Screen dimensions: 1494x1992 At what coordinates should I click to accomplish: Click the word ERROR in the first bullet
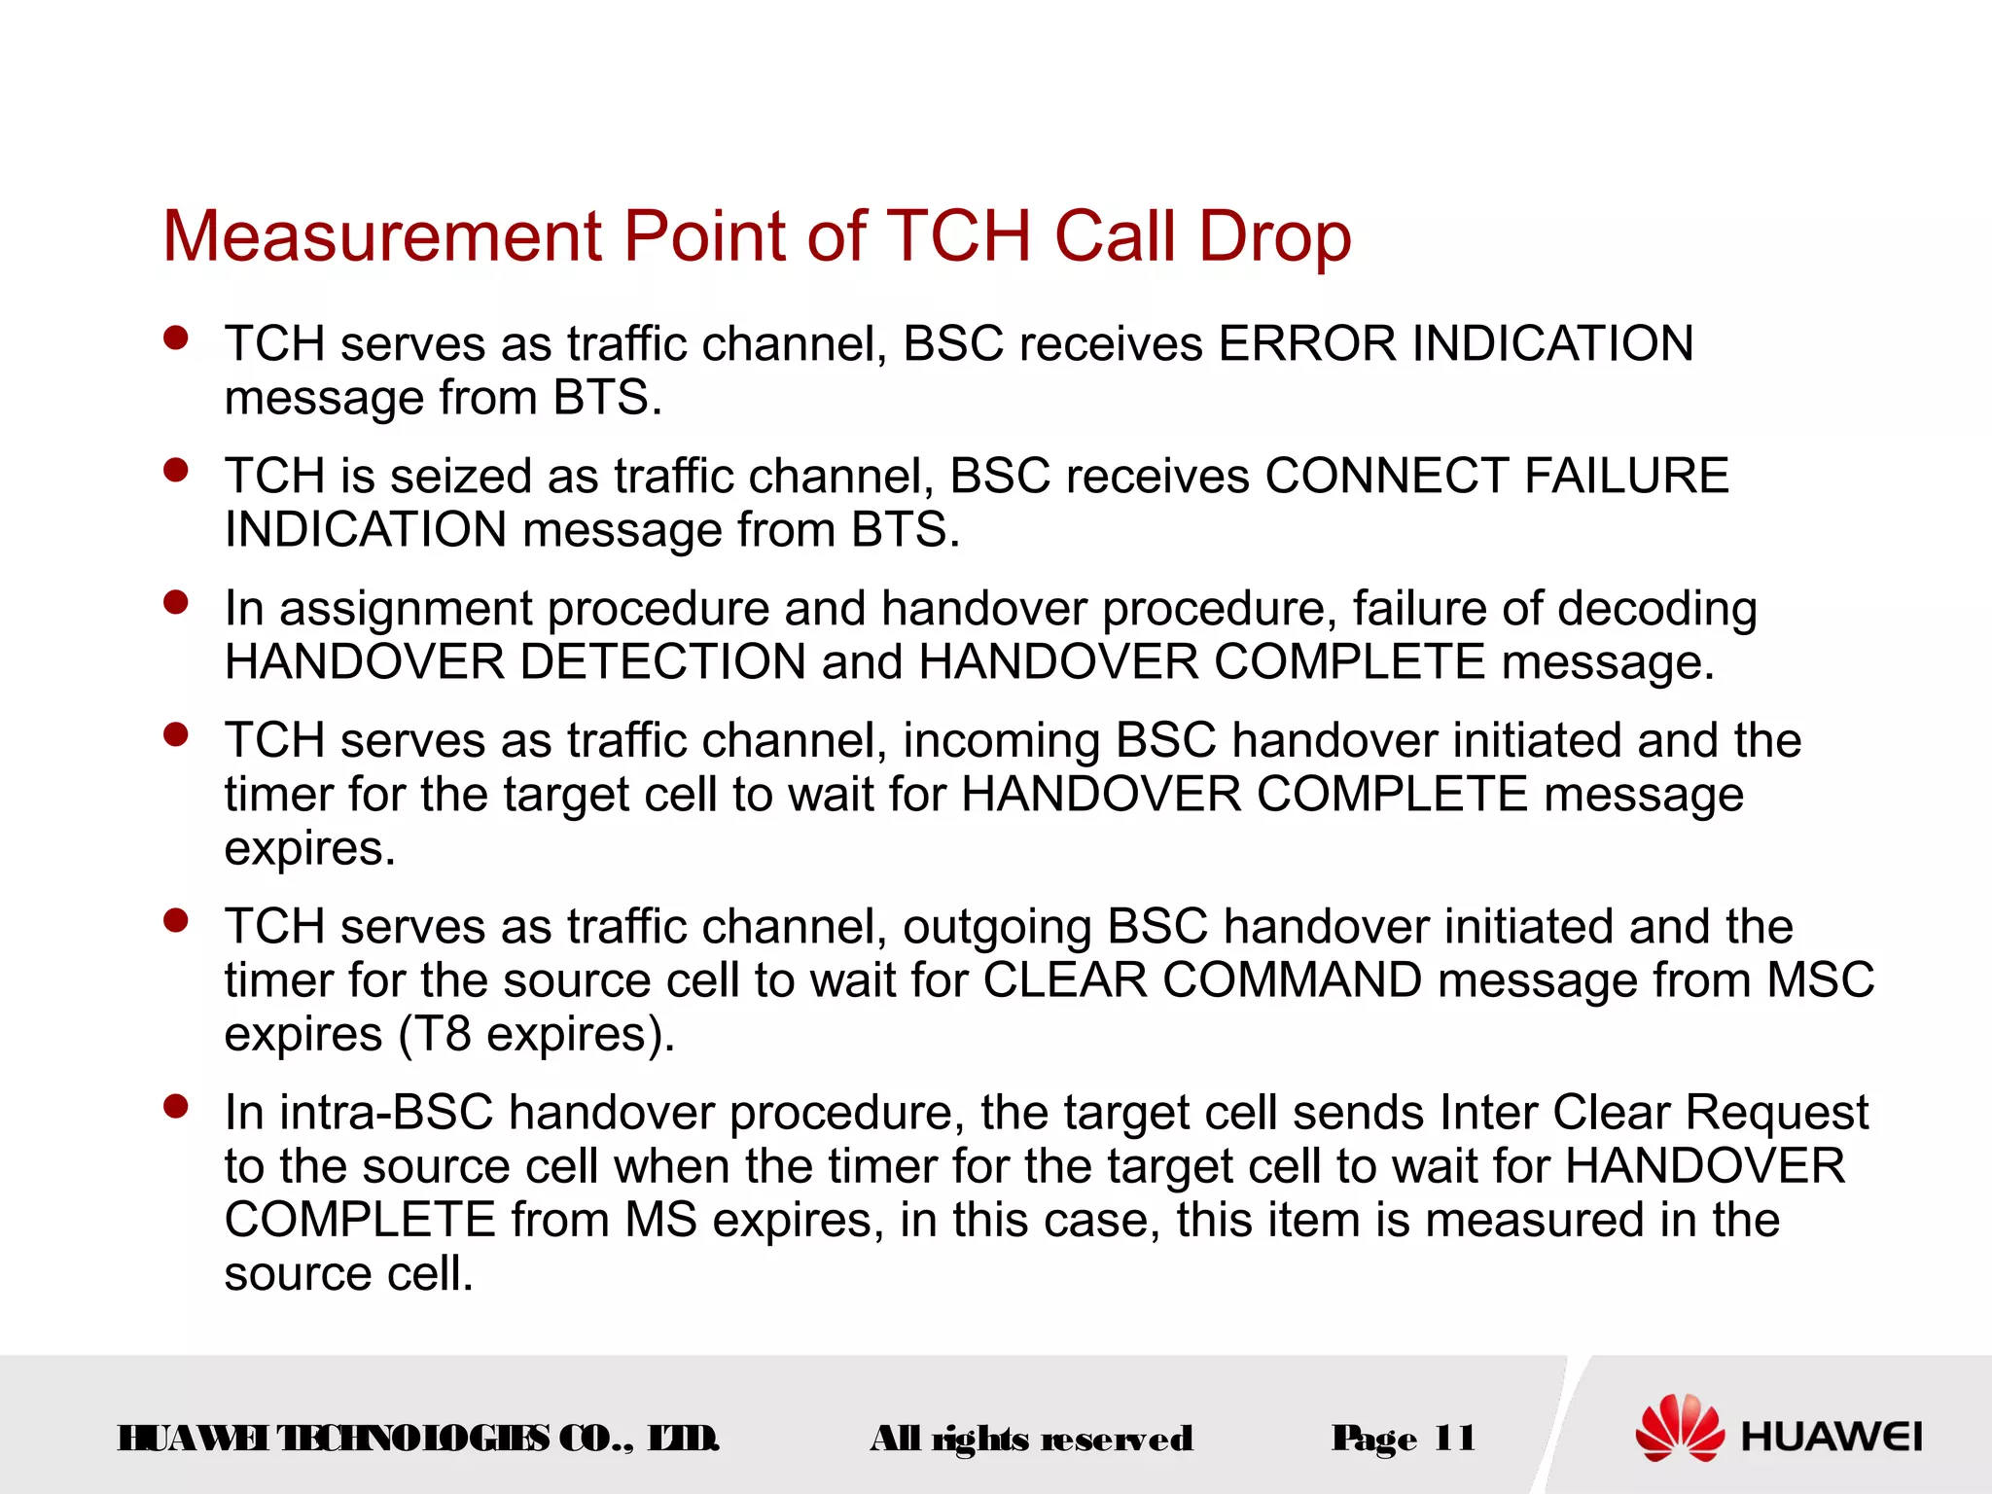coord(1307,343)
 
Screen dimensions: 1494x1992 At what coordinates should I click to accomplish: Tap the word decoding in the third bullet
coord(1657,610)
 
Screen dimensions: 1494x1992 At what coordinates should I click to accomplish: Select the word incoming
coord(1001,741)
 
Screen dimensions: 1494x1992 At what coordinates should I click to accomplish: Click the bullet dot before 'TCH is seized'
coord(176,470)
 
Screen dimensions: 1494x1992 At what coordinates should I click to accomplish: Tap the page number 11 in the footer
coord(1454,1438)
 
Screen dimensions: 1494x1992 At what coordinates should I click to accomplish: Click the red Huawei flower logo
coord(1679,1428)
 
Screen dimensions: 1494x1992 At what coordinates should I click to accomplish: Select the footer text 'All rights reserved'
coord(1031,1439)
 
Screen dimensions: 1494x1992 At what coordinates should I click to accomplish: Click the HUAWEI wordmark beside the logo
coord(1832,1437)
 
